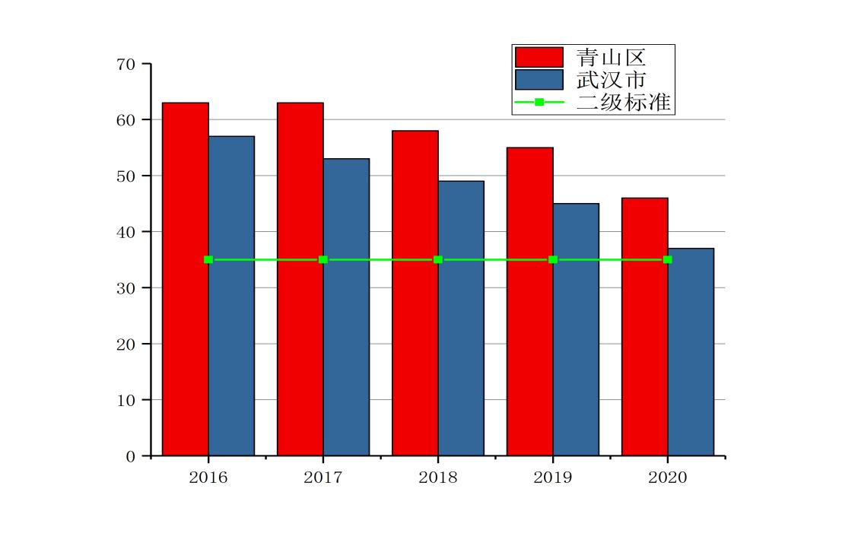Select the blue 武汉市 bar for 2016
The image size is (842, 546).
point(231,296)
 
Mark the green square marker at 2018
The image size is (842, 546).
point(438,260)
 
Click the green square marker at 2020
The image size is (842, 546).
point(668,260)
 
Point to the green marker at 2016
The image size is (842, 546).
point(208,260)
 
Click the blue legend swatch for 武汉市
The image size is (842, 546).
point(539,79)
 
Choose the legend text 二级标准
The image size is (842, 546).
point(624,102)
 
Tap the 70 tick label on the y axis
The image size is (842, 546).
point(126,65)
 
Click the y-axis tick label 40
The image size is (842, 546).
point(126,232)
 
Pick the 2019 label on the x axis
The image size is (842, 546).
point(553,478)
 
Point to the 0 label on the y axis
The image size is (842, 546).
point(130,456)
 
